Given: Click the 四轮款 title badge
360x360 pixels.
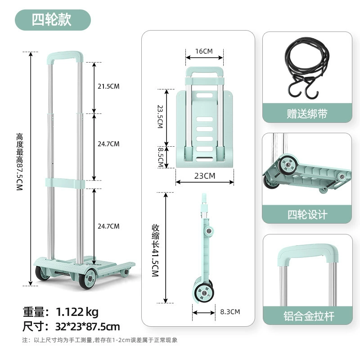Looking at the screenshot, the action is pos(53,20).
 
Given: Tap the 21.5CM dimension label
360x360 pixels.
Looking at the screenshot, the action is pos(108,86).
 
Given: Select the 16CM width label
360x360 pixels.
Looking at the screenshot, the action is pos(204,51).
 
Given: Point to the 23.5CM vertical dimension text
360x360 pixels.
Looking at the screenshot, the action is pos(160,117).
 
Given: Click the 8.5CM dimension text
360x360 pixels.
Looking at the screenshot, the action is pos(161,157).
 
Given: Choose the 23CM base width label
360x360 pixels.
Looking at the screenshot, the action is pos(205,176).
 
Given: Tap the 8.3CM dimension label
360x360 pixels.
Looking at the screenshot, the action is pos(230,312).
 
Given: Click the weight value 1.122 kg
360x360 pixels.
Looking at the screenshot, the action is pos(77,312).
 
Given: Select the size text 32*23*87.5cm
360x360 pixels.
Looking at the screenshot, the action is pos(88,327).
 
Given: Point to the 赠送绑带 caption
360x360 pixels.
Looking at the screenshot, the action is pos(307,114).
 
